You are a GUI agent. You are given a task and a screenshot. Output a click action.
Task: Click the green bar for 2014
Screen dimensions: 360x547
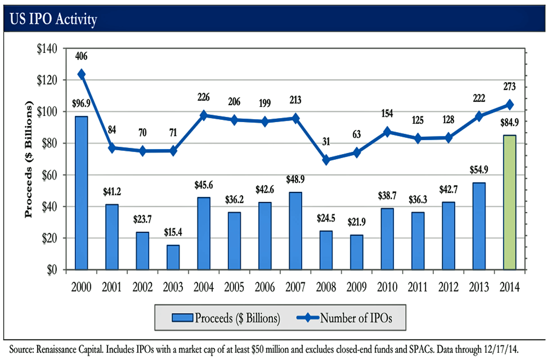tap(510, 202)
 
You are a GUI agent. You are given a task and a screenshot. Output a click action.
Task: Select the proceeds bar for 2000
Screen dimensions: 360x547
tap(82, 193)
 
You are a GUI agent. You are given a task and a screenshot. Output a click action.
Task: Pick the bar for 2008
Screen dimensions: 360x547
tap(326, 250)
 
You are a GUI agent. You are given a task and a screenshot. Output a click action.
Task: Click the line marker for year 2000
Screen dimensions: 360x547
tap(82, 74)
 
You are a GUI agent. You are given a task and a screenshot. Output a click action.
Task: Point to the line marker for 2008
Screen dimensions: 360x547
tap(326, 160)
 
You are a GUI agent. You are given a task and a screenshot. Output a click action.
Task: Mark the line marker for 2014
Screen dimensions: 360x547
tap(510, 105)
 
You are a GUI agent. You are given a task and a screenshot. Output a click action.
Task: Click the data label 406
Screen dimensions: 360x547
tap(82, 57)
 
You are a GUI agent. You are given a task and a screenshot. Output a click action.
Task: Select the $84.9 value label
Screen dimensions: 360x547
tap(510, 122)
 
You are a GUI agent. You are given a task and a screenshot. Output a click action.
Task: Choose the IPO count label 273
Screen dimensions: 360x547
tap(510, 87)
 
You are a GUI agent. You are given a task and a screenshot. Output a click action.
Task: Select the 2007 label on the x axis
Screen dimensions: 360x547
tap(295, 288)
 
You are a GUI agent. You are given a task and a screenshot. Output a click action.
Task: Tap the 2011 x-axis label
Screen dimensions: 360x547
tap(418, 288)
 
